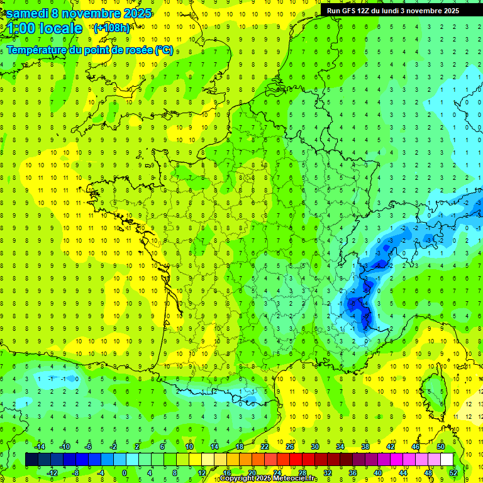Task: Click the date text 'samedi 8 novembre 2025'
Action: coord(78,13)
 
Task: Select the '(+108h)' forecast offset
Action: coord(113,28)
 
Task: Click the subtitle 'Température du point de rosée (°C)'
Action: coord(90,50)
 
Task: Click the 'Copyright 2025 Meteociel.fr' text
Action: coord(269,479)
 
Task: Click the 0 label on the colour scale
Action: coord(125,473)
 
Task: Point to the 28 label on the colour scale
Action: coord(302,473)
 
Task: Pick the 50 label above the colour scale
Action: coord(441,447)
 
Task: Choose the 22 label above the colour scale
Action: coord(265,447)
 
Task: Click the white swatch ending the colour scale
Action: coord(447,460)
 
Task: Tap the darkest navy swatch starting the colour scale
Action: coord(32,460)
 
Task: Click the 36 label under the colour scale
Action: coord(353,473)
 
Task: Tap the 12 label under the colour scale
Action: coord(201,473)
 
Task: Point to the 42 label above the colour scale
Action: coord(391,447)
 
